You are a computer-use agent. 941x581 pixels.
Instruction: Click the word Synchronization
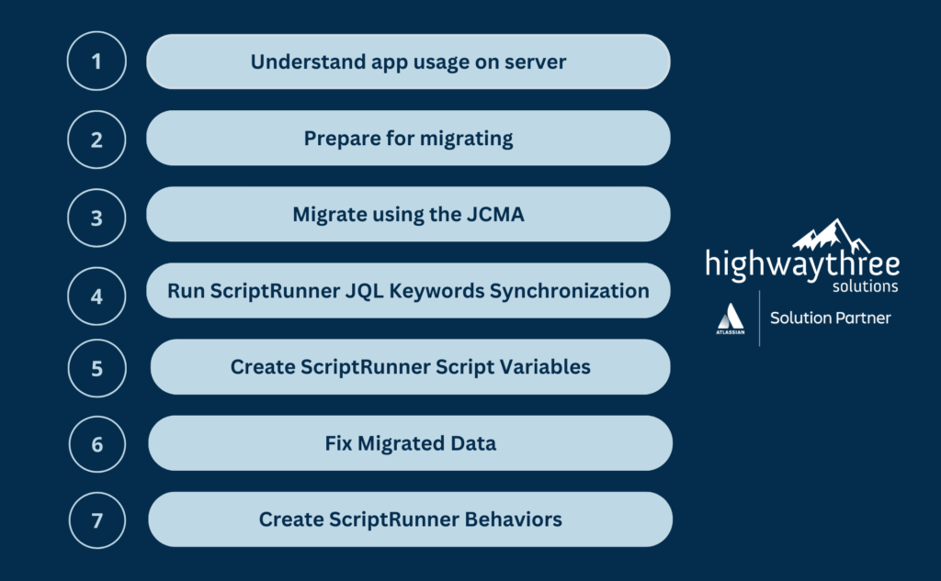pyautogui.click(x=570, y=291)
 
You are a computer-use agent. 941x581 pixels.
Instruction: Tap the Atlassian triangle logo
pyautogui.click(x=731, y=318)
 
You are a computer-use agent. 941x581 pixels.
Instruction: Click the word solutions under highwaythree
pyautogui.click(x=865, y=286)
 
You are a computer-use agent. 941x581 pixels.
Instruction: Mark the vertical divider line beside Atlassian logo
pyautogui.click(x=759, y=318)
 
